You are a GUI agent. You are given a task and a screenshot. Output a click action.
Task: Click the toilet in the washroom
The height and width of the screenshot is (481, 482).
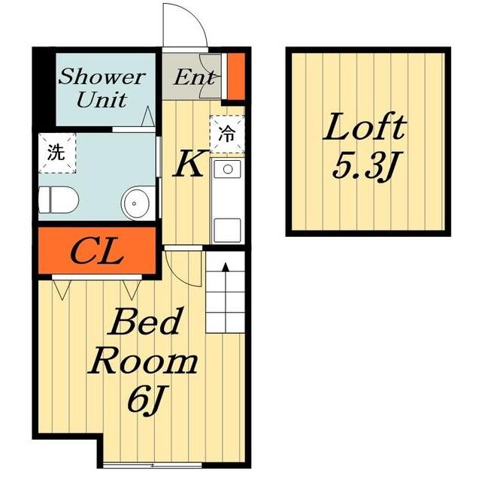click(59, 200)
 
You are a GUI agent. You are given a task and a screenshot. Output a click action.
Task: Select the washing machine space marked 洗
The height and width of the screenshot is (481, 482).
click(57, 153)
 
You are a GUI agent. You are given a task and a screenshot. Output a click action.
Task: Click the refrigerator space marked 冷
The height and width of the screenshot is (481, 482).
click(227, 135)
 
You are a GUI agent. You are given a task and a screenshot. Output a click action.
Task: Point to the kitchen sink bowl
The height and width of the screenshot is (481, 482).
click(228, 168)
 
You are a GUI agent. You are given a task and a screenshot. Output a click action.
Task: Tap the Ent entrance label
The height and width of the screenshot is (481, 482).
click(195, 77)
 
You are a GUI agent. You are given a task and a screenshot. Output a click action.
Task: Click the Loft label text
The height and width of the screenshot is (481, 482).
click(365, 127)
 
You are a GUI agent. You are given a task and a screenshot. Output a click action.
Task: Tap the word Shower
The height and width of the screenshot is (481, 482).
click(102, 77)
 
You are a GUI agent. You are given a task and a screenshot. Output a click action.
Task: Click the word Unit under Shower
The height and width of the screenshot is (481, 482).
click(102, 99)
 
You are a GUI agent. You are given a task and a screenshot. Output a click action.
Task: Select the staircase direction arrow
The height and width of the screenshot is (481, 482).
click(226, 298)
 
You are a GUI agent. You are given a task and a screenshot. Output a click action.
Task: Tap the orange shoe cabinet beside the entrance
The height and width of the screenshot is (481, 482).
click(236, 76)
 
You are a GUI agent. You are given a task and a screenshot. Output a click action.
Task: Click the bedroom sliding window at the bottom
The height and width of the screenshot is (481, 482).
click(152, 465)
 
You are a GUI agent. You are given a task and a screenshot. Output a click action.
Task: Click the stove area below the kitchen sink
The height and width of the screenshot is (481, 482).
click(228, 230)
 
